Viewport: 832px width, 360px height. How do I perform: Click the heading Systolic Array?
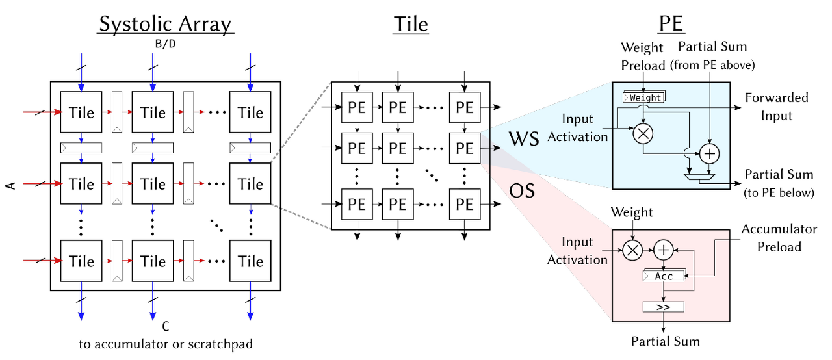click(x=165, y=24)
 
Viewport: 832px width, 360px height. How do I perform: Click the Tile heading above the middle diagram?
click(x=411, y=24)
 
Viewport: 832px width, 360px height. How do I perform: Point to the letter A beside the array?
click(x=10, y=186)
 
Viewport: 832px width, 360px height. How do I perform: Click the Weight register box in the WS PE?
click(x=643, y=97)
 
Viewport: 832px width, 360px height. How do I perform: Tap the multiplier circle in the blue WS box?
click(x=643, y=133)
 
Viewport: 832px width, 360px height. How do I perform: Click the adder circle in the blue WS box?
click(x=709, y=153)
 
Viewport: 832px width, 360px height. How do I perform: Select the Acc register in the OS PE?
click(x=663, y=276)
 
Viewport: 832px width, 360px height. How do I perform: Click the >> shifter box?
click(x=663, y=306)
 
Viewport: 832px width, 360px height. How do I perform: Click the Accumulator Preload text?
click(x=779, y=238)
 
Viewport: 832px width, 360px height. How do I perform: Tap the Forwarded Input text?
click(x=777, y=107)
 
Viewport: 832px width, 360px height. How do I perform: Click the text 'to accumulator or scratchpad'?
click(x=166, y=344)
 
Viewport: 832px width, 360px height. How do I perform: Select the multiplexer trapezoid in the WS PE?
click(x=699, y=176)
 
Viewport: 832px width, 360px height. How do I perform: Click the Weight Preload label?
click(x=642, y=56)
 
